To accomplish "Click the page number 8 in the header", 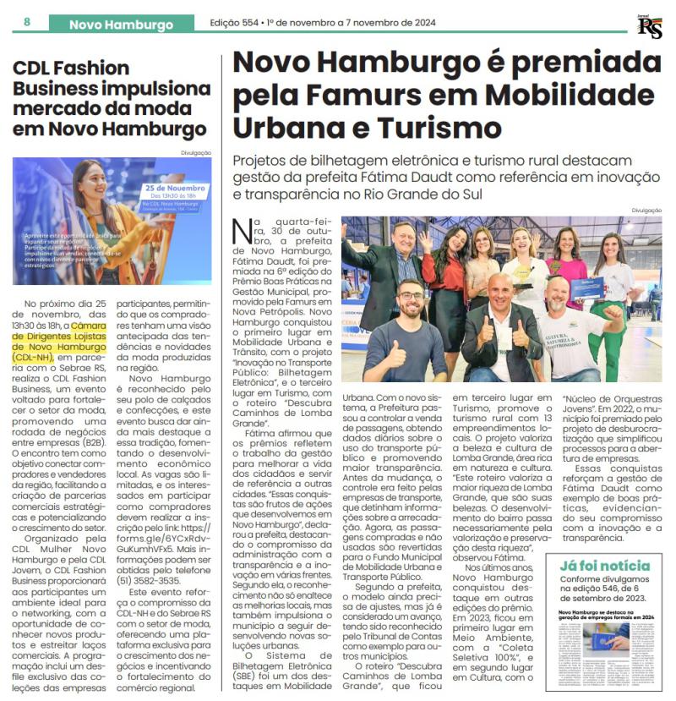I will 27,22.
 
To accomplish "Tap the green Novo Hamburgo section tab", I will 120,25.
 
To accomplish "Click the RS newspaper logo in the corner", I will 649,26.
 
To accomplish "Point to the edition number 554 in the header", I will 259,24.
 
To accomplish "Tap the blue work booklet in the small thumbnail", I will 619,635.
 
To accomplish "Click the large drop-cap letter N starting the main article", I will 239,227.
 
